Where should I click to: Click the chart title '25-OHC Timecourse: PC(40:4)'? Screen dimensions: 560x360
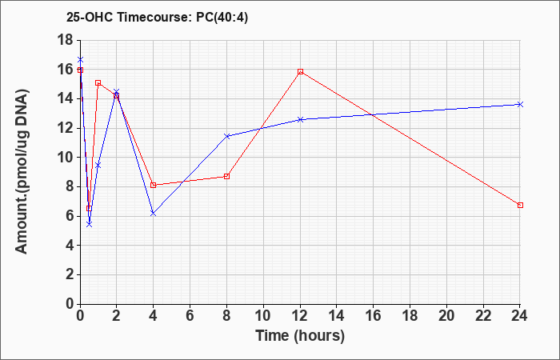157,17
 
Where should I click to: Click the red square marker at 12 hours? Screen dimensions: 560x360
300,71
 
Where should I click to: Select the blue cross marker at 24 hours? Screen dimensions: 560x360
520,104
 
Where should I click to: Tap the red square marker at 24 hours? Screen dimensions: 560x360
520,205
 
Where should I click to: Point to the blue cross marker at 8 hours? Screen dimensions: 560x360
226,136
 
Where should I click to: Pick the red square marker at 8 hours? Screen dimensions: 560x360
226,176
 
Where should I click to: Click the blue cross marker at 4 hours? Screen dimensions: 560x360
154,214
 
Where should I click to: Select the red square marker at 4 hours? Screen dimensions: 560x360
154,185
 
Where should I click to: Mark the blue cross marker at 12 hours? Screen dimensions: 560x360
300,119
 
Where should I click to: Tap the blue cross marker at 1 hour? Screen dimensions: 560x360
98,165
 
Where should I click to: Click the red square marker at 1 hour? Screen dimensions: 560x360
98,82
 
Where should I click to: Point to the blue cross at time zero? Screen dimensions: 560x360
80,59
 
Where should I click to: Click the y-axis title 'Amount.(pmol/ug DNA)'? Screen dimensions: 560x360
22,171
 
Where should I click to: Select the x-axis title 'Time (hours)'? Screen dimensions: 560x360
300,336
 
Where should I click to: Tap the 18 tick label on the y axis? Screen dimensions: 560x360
65,40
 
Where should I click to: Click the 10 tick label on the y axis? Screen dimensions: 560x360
65,157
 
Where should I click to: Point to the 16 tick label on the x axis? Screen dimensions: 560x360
374,315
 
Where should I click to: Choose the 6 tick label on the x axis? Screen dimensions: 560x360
190,315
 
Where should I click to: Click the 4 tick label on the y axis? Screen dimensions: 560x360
70,246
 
